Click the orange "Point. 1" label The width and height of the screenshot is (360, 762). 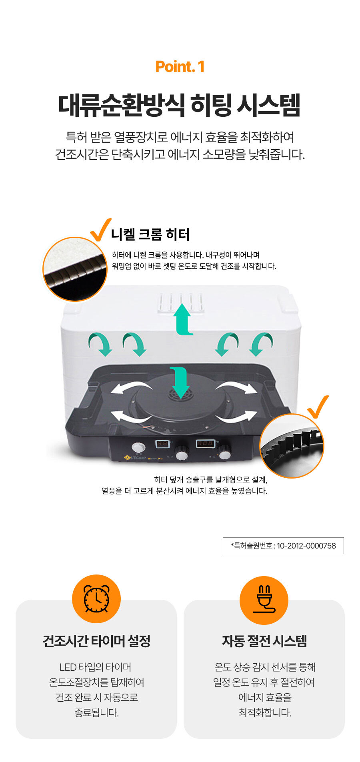[x=180, y=66]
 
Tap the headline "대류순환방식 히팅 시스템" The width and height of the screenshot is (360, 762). [x=180, y=105]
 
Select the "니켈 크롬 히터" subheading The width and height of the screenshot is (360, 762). [x=150, y=234]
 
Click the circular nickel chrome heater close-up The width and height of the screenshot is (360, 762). [x=75, y=269]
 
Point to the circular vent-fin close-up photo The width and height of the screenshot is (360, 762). [x=292, y=446]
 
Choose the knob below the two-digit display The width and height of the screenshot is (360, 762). [x=182, y=454]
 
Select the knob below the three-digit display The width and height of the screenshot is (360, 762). [x=224, y=453]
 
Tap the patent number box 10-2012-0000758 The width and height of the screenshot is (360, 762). [x=283, y=546]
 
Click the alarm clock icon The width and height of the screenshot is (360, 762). [x=96, y=598]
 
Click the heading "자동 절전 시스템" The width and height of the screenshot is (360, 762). [x=264, y=641]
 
